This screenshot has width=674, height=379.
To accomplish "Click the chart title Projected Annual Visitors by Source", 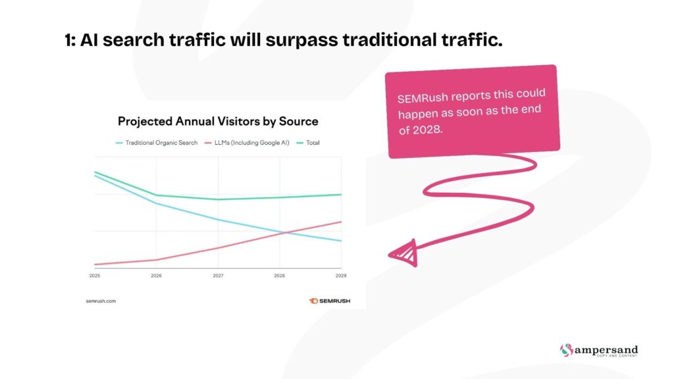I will (x=218, y=122).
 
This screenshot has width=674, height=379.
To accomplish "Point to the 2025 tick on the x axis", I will (x=95, y=276).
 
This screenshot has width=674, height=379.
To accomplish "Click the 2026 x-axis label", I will (x=156, y=276).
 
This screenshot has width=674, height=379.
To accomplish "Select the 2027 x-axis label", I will (x=218, y=276).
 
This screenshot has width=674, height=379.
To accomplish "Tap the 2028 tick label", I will (x=280, y=276).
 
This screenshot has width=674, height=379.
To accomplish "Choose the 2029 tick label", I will (x=341, y=276).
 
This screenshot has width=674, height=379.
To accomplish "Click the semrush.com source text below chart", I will (x=101, y=301).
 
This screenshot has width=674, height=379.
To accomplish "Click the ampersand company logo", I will (x=598, y=351).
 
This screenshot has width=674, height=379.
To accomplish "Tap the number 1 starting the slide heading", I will (x=68, y=41).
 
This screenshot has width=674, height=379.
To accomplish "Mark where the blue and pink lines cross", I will (x=281, y=232).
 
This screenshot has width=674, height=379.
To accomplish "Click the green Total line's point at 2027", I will (x=218, y=199).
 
